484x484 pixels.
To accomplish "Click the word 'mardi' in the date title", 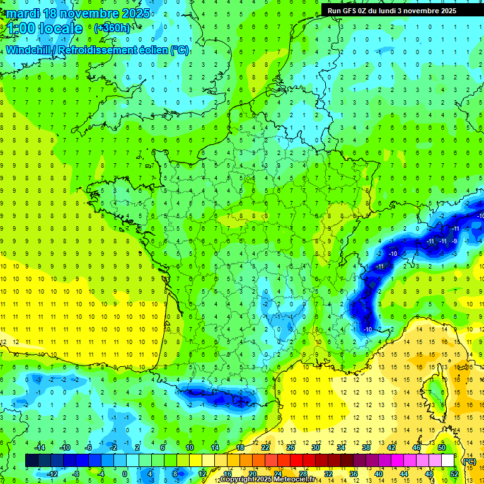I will click(x=25, y=13).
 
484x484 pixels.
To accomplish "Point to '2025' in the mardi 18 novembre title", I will click(x=136, y=13).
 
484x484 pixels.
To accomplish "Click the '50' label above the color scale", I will click(x=442, y=447).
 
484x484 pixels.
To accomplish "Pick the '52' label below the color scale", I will click(x=454, y=473).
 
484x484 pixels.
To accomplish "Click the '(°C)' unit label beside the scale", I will click(x=469, y=461).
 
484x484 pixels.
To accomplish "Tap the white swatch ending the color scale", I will click(x=447, y=460).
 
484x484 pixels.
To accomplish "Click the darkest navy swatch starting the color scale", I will click(x=32, y=460).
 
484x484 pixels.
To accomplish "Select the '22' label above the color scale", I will click(x=265, y=447).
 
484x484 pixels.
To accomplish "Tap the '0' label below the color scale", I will click(x=125, y=473).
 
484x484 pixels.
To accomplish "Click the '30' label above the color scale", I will click(x=316, y=447).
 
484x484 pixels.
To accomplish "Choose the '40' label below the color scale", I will click(x=378, y=473).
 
